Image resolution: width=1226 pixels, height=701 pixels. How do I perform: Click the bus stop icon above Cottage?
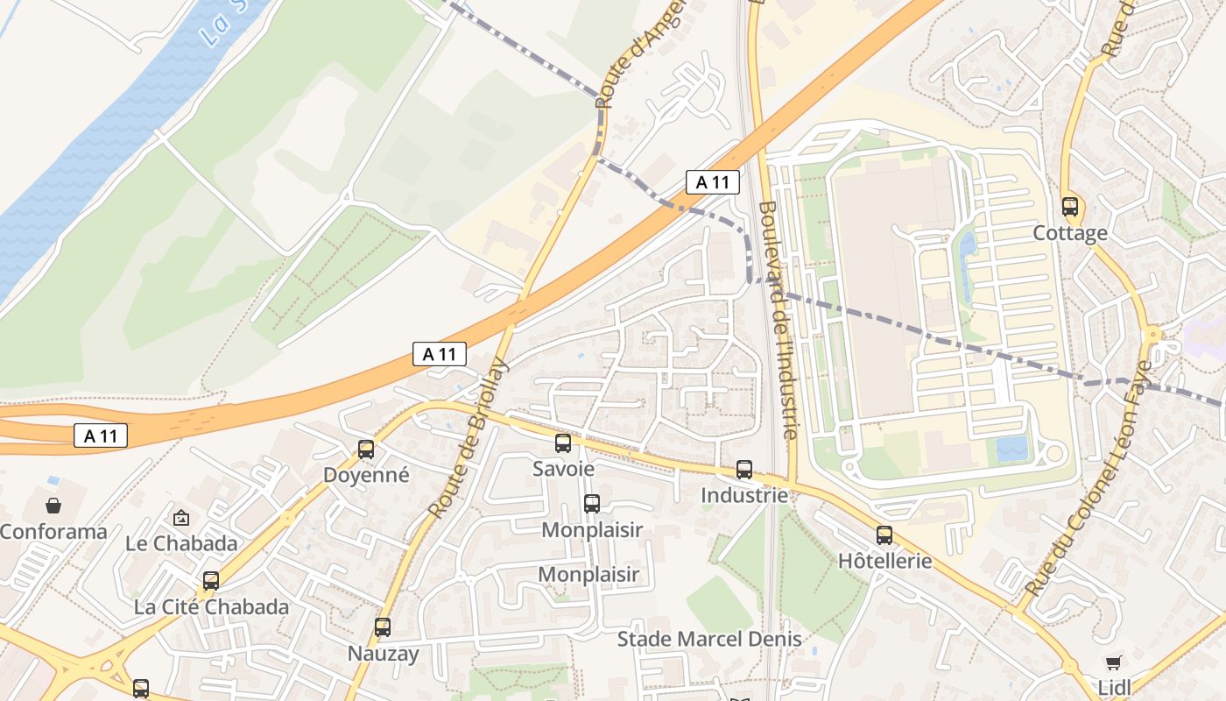1070,207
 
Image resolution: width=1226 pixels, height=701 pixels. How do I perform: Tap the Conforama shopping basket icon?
53,506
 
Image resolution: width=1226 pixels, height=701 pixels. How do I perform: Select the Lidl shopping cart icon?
1113,662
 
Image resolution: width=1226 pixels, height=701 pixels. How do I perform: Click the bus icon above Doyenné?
366,450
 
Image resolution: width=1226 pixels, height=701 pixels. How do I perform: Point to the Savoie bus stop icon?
563,443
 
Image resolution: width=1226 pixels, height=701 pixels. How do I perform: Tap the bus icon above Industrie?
744,470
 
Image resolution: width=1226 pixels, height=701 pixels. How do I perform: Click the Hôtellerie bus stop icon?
884,535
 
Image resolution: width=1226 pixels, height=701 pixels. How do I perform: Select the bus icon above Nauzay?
383,627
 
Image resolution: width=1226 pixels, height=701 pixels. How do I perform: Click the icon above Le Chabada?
181,518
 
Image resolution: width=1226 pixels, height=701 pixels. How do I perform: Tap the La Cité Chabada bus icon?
211,581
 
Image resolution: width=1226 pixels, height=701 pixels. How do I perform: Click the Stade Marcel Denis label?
709,639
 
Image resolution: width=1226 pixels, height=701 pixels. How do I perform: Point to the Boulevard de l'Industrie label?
778,320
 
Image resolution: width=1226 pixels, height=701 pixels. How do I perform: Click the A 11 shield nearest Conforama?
101,435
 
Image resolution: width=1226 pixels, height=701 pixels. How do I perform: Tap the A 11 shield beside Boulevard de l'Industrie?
712,182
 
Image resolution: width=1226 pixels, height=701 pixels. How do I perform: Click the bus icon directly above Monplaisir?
592,504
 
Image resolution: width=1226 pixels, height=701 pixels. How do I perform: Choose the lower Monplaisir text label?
588,575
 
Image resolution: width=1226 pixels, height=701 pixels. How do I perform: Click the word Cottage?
1070,233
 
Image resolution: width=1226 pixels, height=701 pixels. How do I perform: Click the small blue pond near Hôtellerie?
1012,448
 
